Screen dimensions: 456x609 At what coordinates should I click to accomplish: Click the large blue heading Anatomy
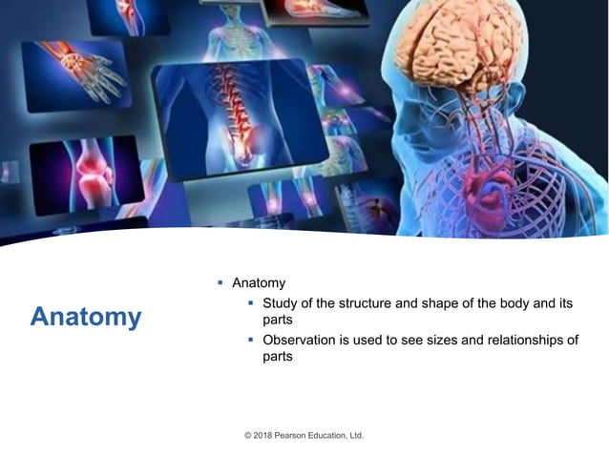pos(85,317)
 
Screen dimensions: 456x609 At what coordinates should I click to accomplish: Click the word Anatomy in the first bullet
pos(259,283)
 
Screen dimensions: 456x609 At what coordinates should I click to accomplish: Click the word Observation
pos(302,341)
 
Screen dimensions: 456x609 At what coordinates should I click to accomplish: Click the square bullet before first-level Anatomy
pos(220,283)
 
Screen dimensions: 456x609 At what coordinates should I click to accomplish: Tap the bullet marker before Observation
pos(251,341)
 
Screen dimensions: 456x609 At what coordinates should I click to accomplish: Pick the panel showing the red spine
pos(234,114)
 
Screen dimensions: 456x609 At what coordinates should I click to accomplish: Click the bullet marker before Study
pos(251,303)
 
